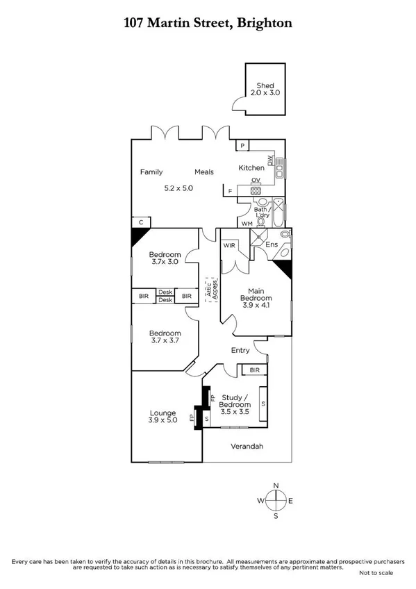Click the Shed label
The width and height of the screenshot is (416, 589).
click(x=262, y=86)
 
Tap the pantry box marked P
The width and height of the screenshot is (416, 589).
click(x=242, y=145)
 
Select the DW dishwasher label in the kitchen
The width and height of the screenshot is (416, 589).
click(x=271, y=160)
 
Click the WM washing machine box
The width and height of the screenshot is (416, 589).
click(x=246, y=223)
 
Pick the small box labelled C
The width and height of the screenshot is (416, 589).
click(x=141, y=222)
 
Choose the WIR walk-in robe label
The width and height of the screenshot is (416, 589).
click(x=229, y=246)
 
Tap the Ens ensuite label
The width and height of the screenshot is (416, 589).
click(x=272, y=245)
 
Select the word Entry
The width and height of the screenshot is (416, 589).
click(x=240, y=351)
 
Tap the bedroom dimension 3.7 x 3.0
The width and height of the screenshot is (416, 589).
click(x=165, y=263)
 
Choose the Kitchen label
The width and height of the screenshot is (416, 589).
click(x=251, y=168)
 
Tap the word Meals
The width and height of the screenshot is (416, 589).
click(x=204, y=172)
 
